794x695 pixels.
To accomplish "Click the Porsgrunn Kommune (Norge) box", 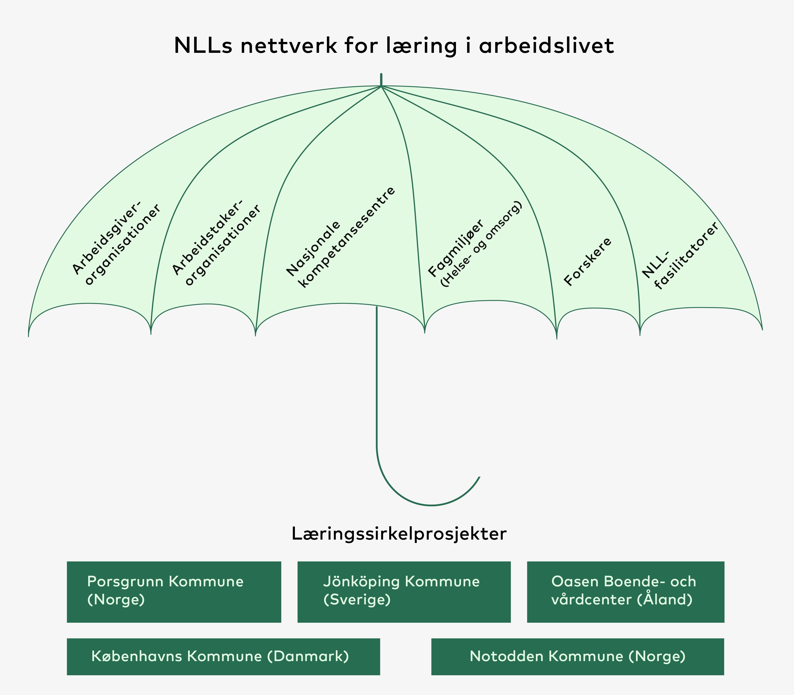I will point(174,592).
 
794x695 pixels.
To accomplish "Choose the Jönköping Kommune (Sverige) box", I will point(404,592).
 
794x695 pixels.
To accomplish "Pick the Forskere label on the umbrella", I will point(588,262).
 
